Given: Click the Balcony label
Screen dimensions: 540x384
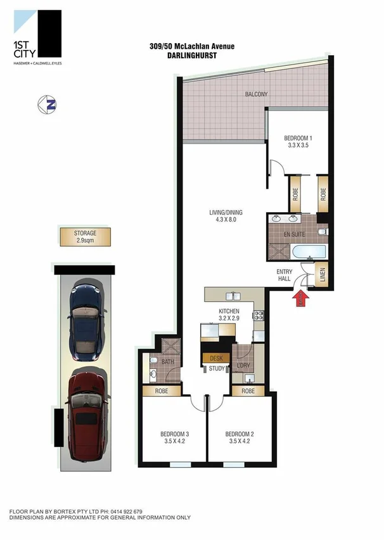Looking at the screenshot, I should [x=257, y=94].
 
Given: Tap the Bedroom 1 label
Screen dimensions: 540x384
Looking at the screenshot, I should [x=298, y=142].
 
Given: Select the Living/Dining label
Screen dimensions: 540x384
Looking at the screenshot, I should [x=226, y=216].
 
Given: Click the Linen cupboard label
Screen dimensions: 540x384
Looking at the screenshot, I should [x=322, y=277].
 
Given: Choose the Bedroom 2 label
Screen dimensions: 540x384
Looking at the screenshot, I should [x=240, y=437].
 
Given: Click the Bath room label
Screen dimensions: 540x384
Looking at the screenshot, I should [x=167, y=362].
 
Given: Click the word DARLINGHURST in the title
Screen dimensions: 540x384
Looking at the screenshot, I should [x=182, y=55].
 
